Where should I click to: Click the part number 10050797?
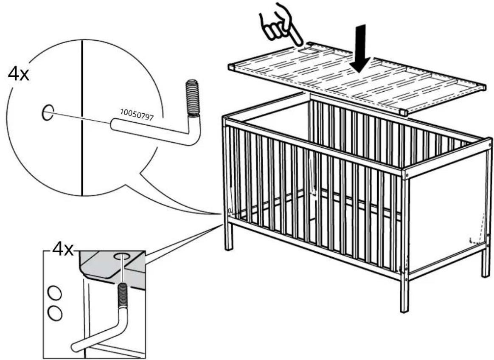(137, 115)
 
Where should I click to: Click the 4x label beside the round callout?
(19, 74)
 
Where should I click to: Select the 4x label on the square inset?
(62, 250)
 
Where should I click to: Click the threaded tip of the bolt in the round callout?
(192, 98)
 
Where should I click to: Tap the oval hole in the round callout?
(48, 112)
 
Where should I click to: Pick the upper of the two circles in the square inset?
(54, 294)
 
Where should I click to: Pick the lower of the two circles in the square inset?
(54, 313)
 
